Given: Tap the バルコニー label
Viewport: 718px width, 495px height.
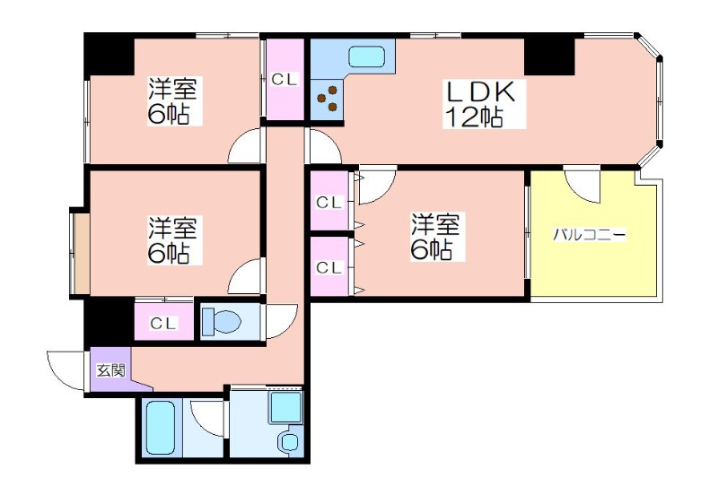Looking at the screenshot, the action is click(589, 236).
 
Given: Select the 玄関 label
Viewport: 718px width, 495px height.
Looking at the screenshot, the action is click(110, 370).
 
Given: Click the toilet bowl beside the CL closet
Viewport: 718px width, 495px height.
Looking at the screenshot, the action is click(222, 321).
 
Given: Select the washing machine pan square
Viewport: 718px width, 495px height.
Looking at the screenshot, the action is click(285, 407).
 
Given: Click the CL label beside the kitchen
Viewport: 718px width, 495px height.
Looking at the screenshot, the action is click(285, 80).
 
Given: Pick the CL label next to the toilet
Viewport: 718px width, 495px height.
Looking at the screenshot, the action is click(163, 324).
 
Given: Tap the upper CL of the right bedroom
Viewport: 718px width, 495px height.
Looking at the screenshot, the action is click(329, 202).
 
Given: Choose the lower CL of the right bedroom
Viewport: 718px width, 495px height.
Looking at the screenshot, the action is click(329, 267).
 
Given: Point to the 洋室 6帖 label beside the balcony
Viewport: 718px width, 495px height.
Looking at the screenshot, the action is click(436, 237).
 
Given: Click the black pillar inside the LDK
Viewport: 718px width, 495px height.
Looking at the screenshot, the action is click(549, 56).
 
